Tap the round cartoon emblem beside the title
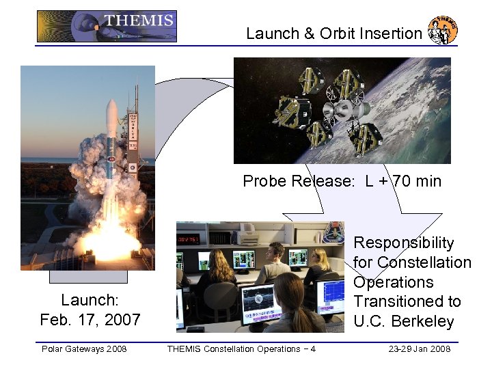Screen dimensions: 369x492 point(442,29)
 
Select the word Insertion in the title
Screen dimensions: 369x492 point(392,33)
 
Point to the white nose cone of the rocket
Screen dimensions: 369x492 point(111,113)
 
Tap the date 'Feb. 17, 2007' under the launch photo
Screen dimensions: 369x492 point(90,319)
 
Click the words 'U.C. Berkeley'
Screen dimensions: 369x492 point(403,321)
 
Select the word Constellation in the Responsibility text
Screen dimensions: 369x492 point(424,262)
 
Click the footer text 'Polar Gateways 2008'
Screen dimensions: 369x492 point(84,349)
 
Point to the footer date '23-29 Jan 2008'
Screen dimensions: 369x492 point(420,349)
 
